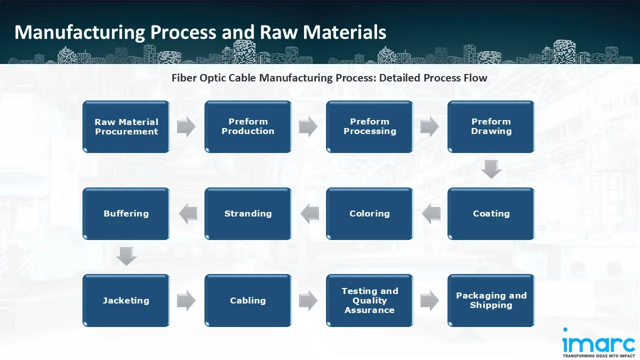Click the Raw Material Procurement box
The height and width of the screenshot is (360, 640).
(126, 126)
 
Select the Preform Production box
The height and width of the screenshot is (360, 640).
(248, 126)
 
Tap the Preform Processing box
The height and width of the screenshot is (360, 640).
(369, 126)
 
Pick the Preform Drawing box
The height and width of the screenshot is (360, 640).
(491, 126)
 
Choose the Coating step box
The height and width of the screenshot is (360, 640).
(491, 213)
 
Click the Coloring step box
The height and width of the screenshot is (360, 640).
(369, 213)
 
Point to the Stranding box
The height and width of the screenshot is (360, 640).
(248, 213)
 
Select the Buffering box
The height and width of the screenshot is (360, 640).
(126, 213)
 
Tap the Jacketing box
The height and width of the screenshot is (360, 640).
(126, 300)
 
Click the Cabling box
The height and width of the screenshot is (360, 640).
(248, 300)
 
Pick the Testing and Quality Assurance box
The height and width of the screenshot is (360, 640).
(369, 300)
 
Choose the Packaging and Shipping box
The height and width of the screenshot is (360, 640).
(491, 300)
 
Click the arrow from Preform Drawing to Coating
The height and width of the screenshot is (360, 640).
(491, 169)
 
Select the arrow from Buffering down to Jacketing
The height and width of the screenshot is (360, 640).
(126, 256)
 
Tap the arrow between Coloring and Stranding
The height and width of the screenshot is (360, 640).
(309, 213)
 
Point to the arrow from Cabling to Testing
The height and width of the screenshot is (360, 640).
(308, 300)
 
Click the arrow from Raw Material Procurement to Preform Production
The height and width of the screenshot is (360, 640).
(186, 126)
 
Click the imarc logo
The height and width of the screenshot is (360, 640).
(598, 342)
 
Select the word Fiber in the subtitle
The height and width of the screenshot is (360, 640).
(184, 77)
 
